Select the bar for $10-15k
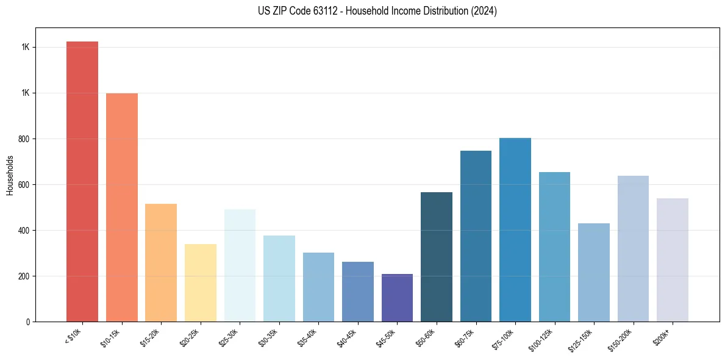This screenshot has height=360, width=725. [121, 207]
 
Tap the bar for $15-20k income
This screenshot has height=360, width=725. [161, 262]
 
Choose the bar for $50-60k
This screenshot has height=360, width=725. [437, 257]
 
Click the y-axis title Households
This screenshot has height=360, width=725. [10, 175]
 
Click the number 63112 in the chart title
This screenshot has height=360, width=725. [330, 11]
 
